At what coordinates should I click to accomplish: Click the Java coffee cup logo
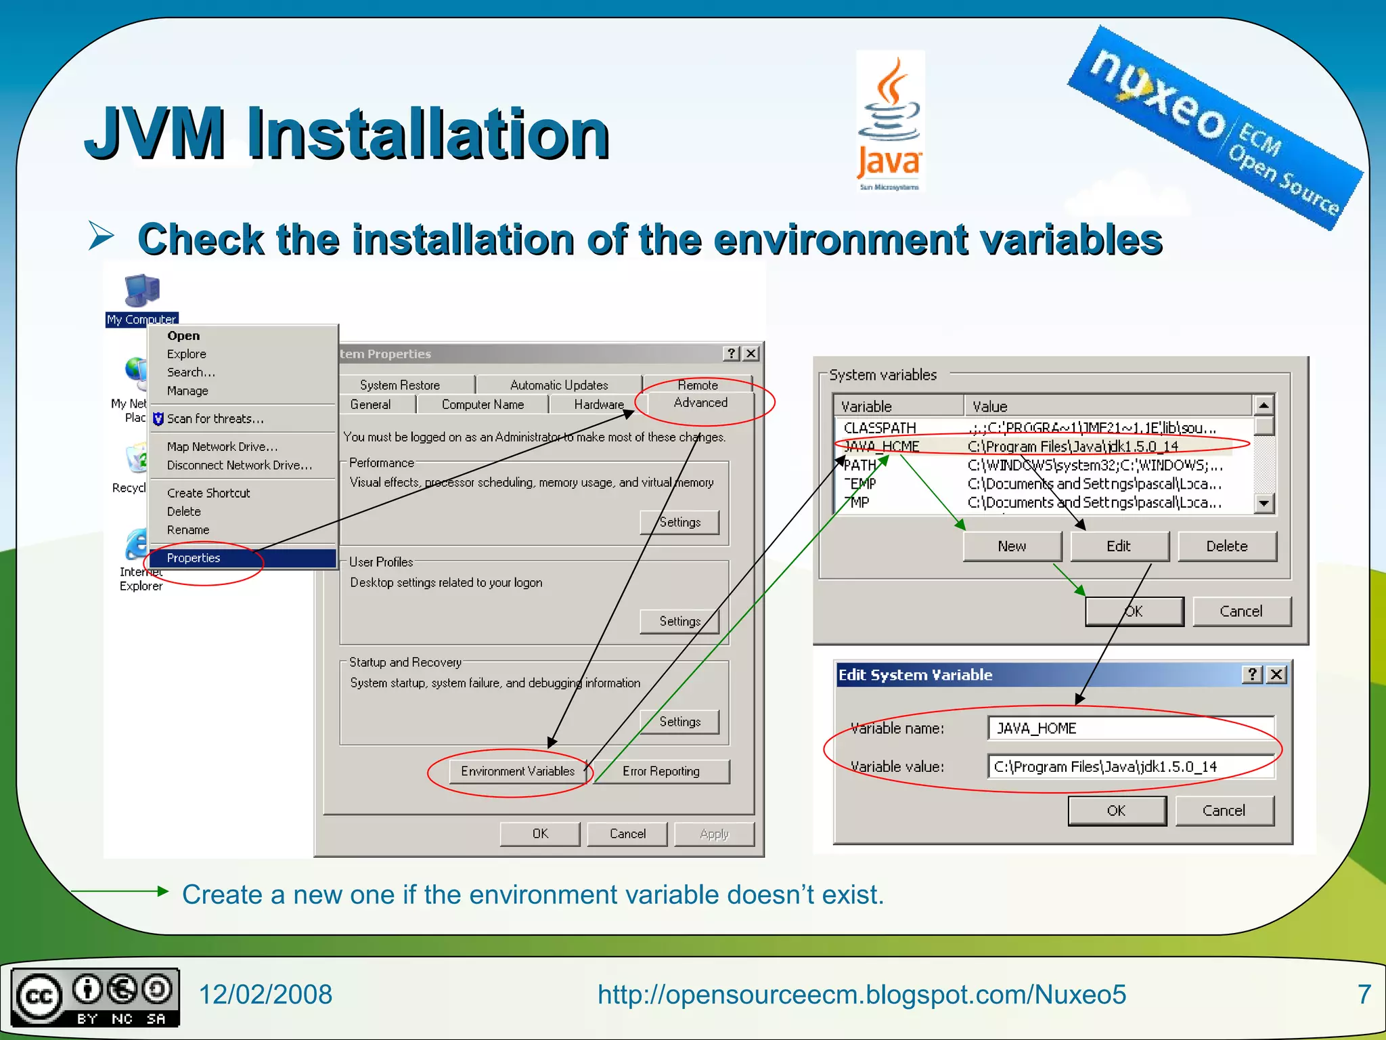tap(890, 102)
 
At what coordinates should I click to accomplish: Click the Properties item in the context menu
tap(194, 558)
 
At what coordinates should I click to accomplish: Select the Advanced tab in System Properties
tap(700, 403)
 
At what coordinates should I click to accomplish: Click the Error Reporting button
tap(661, 771)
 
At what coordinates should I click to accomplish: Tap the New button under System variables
tap(1012, 546)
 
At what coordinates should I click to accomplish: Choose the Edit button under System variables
tap(1119, 546)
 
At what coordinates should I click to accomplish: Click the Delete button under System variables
tap(1226, 546)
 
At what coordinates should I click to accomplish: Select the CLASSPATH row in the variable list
tap(880, 428)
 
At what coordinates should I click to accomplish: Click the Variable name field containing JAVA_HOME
tap(1130, 729)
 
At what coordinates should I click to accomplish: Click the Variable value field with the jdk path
tap(1130, 767)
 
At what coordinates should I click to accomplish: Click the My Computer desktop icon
tap(141, 291)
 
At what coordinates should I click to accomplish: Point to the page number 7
tap(1364, 994)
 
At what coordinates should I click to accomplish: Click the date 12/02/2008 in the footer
tap(265, 995)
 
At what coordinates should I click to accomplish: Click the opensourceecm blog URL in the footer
tap(862, 995)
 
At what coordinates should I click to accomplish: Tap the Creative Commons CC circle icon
tap(39, 997)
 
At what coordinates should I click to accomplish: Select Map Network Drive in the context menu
tap(222, 447)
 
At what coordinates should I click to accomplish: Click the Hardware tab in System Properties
tap(598, 405)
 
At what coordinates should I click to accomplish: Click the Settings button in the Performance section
tap(679, 522)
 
